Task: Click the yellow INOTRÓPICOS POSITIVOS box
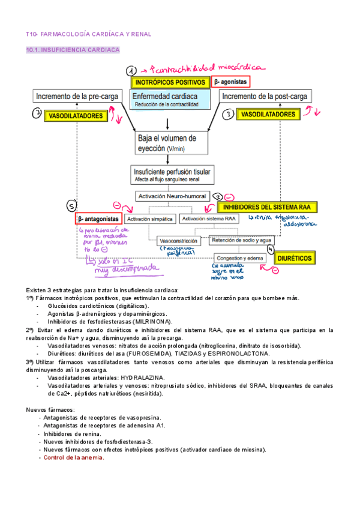click(x=170, y=82)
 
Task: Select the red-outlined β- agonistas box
click(x=231, y=82)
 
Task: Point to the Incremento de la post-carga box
click(x=266, y=96)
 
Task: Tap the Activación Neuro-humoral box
click(x=172, y=196)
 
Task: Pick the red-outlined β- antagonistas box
click(x=99, y=220)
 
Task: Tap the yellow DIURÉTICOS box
click(x=295, y=258)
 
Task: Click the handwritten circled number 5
click(x=70, y=207)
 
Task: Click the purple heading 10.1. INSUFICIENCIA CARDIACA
click(x=73, y=51)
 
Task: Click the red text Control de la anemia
click(x=74, y=457)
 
